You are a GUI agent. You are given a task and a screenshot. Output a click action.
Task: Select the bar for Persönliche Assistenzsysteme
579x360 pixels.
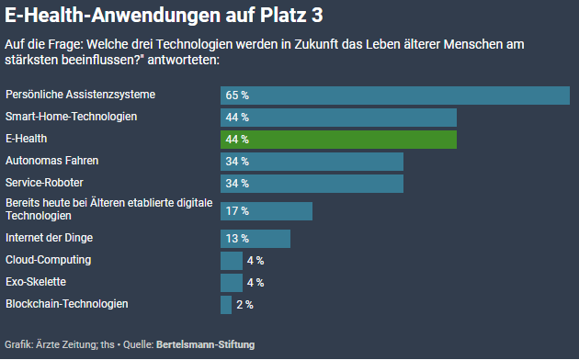point(394,96)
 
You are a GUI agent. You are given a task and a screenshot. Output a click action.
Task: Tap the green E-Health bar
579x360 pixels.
point(338,140)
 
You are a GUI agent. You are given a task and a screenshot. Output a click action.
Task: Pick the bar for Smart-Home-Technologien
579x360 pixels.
point(338,118)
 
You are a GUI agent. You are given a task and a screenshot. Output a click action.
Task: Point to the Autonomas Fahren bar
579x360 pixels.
point(312,162)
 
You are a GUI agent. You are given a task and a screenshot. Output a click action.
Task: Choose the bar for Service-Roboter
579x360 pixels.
point(312,184)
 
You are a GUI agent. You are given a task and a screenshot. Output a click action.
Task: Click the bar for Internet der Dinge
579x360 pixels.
point(255,239)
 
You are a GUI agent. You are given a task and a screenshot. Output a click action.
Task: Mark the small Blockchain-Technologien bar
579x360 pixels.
point(225,305)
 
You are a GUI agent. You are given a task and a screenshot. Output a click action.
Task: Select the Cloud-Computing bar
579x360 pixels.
point(231,261)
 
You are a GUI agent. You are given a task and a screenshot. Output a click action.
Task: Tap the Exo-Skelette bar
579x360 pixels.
point(231,283)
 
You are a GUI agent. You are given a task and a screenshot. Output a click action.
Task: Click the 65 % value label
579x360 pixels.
point(238,96)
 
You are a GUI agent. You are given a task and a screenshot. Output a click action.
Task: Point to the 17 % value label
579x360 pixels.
point(238,211)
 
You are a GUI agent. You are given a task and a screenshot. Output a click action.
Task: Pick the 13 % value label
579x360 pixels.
point(238,239)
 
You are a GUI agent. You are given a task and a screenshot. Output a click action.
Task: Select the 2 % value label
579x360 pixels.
point(244,305)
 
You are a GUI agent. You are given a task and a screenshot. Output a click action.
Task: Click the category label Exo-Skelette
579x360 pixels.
point(35,282)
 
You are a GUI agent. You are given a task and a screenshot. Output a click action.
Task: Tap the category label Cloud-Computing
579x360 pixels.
point(48,260)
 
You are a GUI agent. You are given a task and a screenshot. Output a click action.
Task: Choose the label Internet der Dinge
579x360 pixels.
point(49,238)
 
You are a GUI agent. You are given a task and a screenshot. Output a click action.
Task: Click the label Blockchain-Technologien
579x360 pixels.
point(66,304)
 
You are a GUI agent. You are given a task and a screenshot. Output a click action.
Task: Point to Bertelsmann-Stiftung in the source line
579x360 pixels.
point(206,344)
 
